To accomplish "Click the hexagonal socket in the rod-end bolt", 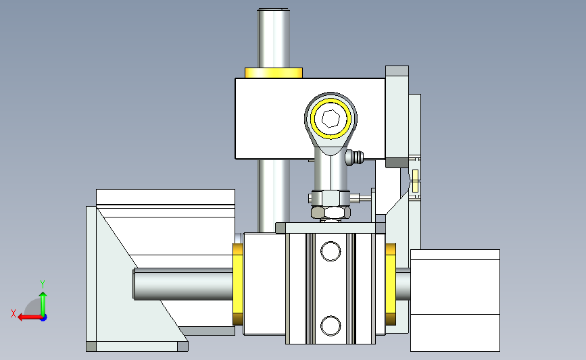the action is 331,118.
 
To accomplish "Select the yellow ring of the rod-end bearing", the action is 331,100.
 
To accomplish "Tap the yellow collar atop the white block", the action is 274,73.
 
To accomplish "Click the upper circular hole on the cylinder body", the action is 331,251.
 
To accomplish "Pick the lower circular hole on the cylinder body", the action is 331,326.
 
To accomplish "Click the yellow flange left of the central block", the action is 238,284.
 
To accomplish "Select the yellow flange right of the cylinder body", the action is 391,284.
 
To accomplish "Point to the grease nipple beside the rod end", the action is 354,157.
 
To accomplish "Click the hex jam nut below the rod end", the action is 331,212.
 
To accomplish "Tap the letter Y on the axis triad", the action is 42,284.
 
